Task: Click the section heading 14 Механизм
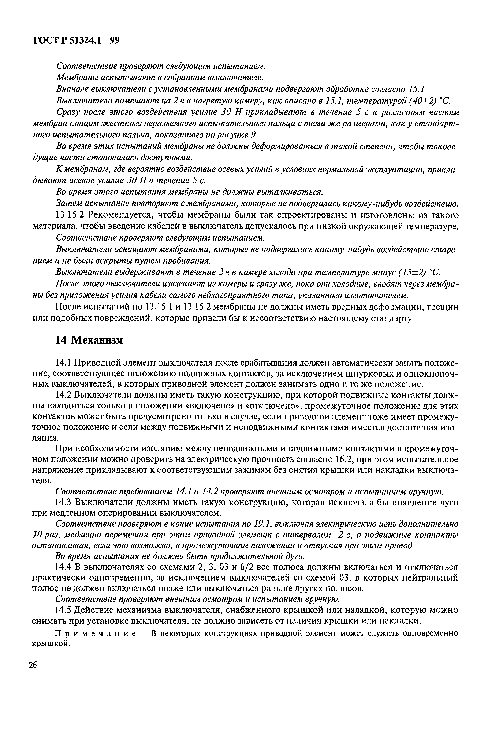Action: click(x=89, y=340)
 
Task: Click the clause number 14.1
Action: click(x=63, y=363)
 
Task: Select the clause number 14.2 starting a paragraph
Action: click(x=63, y=395)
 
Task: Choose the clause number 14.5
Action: click(x=63, y=610)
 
